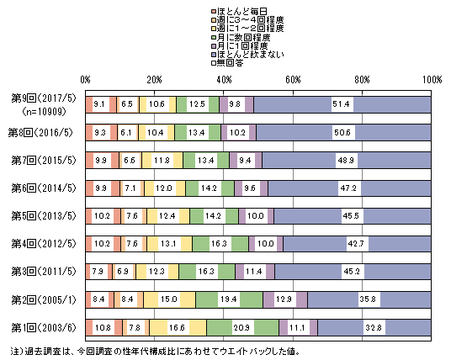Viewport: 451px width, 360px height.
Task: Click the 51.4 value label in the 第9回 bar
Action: tap(341, 103)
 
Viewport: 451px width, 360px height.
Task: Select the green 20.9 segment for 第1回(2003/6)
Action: tap(243, 327)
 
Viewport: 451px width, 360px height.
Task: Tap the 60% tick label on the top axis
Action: tap(293, 80)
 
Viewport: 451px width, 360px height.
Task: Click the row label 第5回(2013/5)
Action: tap(44, 216)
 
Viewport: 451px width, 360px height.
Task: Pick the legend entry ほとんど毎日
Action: tap(239, 12)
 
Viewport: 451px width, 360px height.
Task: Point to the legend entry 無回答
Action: tap(227, 63)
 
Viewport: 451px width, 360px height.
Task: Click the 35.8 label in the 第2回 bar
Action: tap(368, 299)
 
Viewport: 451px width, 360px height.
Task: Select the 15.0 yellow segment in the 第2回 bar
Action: tap(169, 299)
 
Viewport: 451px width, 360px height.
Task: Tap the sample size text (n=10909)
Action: tap(44, 111)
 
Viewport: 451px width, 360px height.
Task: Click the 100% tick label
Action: tap(432, 80)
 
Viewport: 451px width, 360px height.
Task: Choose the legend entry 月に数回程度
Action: tap(241, 37)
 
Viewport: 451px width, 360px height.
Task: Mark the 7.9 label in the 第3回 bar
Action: tap(98, 272)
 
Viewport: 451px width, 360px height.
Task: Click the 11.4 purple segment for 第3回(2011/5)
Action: tap(255, 272)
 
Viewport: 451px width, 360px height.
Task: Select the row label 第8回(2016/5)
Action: tap(40, 133)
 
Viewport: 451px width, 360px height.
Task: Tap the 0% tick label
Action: tap(85, 80)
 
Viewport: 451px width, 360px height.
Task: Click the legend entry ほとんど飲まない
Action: tap(247, 55)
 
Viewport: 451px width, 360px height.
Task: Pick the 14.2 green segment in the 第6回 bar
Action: tap(210, 188)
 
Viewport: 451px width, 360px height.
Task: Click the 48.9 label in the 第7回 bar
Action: tap(346, 160)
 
